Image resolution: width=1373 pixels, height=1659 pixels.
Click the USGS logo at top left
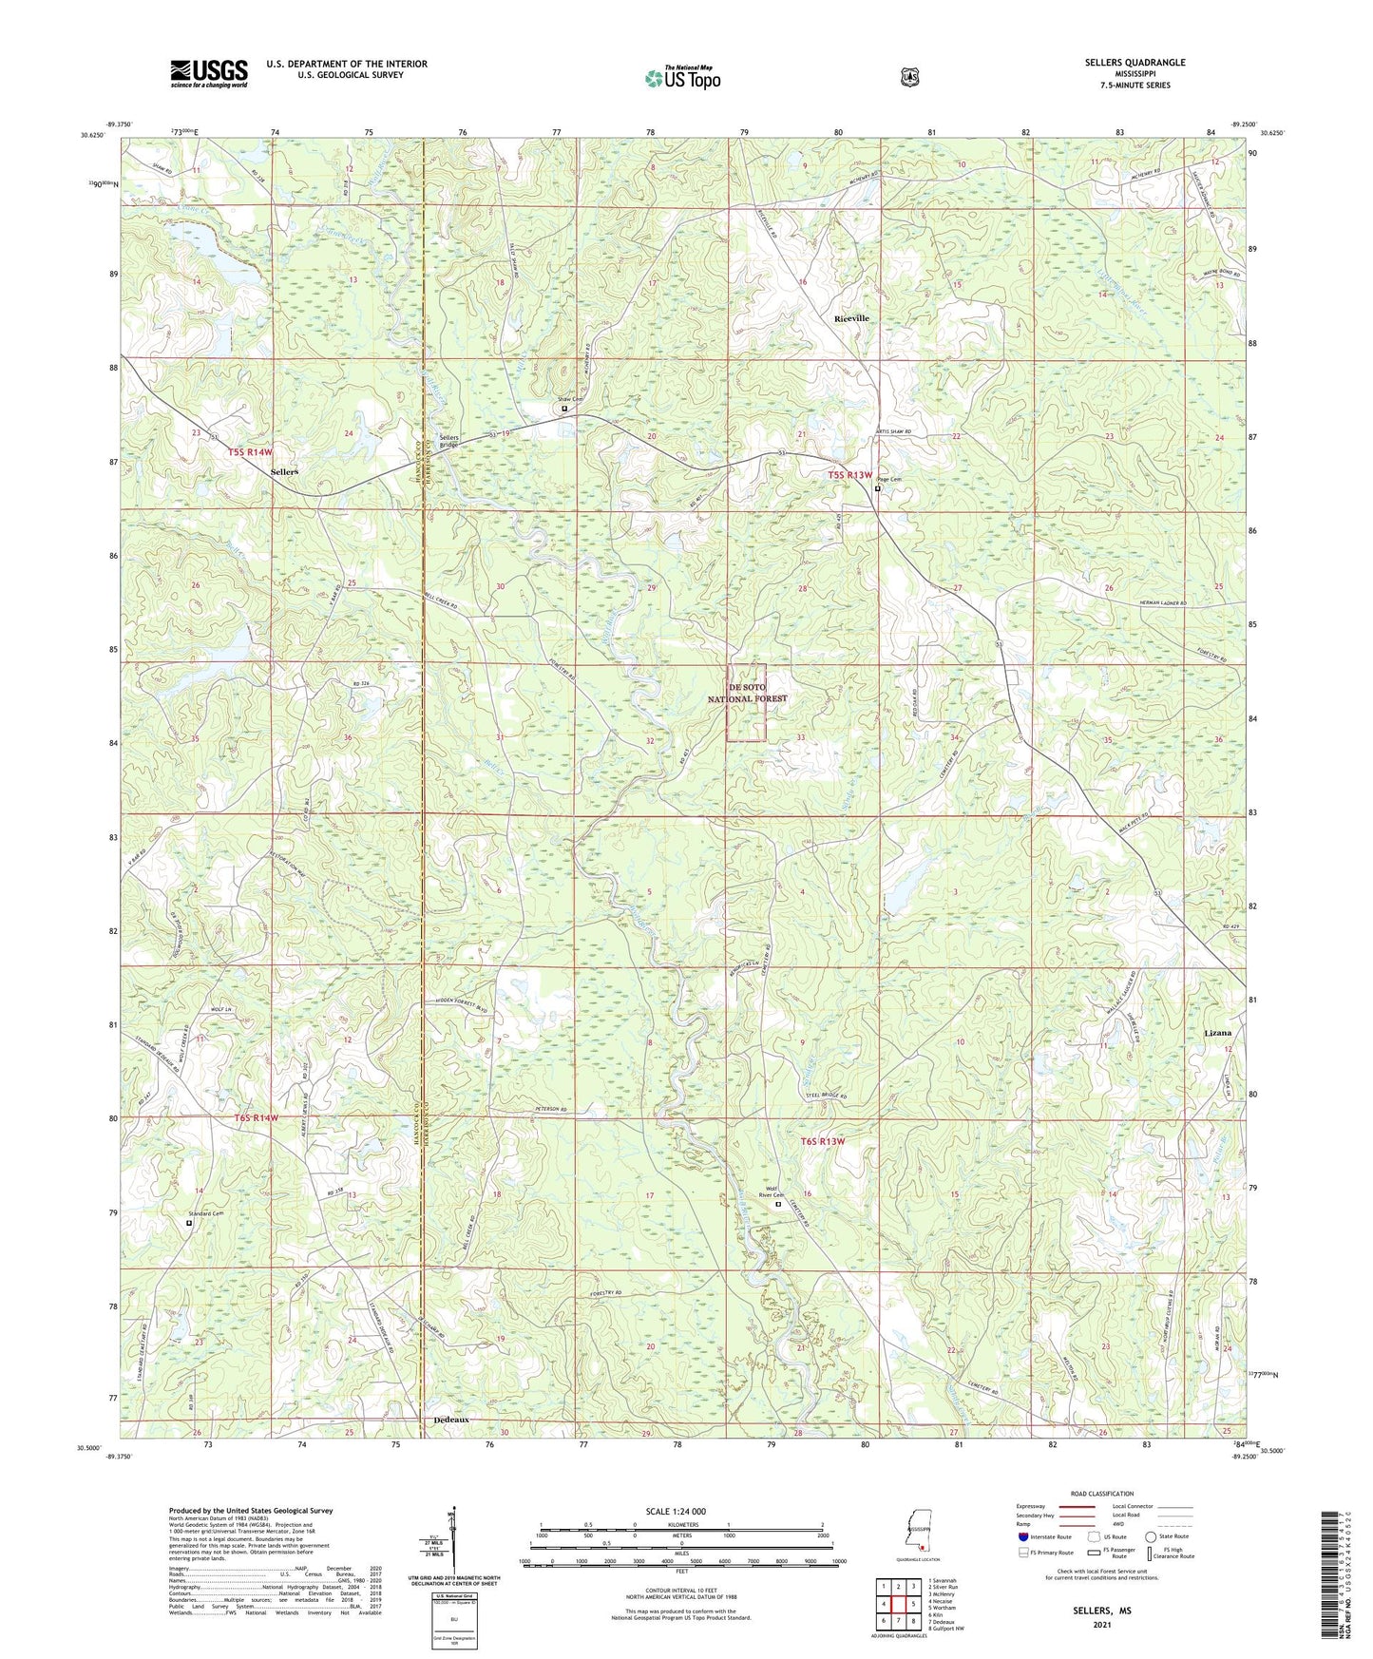[x=209, y=73]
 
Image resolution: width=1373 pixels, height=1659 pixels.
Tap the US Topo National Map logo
[x=682, y=78]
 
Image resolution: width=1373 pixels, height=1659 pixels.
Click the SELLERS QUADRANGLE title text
[x=1135, y=63]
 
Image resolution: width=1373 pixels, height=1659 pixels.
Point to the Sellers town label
[x=283, y=471]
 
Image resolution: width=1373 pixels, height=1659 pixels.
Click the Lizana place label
[x=1217, y=1032]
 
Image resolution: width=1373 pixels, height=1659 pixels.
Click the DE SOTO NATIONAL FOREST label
[x=746, y=692]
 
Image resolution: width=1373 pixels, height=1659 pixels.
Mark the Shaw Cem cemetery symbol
[x=564, y=409]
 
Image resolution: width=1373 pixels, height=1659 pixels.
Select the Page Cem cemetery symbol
[x=877, y=489]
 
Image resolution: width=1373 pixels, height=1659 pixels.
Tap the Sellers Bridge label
[x=449, y=441]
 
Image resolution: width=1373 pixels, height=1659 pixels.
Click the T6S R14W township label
[x=255, y=1118]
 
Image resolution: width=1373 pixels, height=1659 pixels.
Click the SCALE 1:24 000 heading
[x=676, y=1511]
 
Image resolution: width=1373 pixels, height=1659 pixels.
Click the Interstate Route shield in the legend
[x=1022, y=1536]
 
